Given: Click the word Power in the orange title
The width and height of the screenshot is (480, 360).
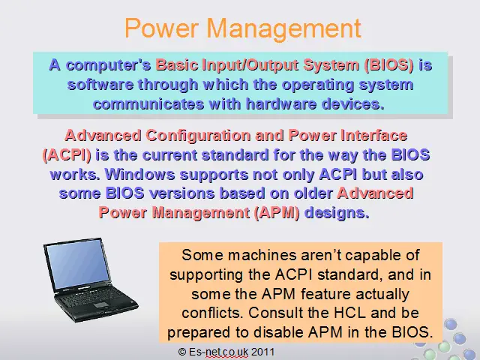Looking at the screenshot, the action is (x=162, y=28).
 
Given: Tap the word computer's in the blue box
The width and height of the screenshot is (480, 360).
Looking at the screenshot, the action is (x=109, y=65).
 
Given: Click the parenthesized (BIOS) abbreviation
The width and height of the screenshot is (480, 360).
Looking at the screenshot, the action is (x=388, y=65).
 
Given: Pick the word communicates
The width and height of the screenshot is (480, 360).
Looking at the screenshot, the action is (x=148, y=104).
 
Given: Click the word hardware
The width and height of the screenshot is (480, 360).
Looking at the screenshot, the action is (x=281, y=104).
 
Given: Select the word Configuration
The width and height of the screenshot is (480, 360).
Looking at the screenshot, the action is (x=198, y=136).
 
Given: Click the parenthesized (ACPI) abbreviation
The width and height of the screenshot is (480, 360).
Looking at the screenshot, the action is (x=67, y=155).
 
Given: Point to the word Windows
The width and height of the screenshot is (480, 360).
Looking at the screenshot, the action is (x=140, y=175).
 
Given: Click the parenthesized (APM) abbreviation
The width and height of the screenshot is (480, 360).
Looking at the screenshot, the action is (x=277, y=213).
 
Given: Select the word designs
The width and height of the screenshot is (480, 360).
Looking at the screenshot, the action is (x=337, y=213).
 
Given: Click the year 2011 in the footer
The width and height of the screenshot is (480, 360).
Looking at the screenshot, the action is (x=263, y=352).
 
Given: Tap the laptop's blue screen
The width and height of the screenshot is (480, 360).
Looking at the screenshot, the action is (x=78, y=264).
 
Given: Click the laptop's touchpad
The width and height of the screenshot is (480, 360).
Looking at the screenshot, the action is (x=100, y=305).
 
